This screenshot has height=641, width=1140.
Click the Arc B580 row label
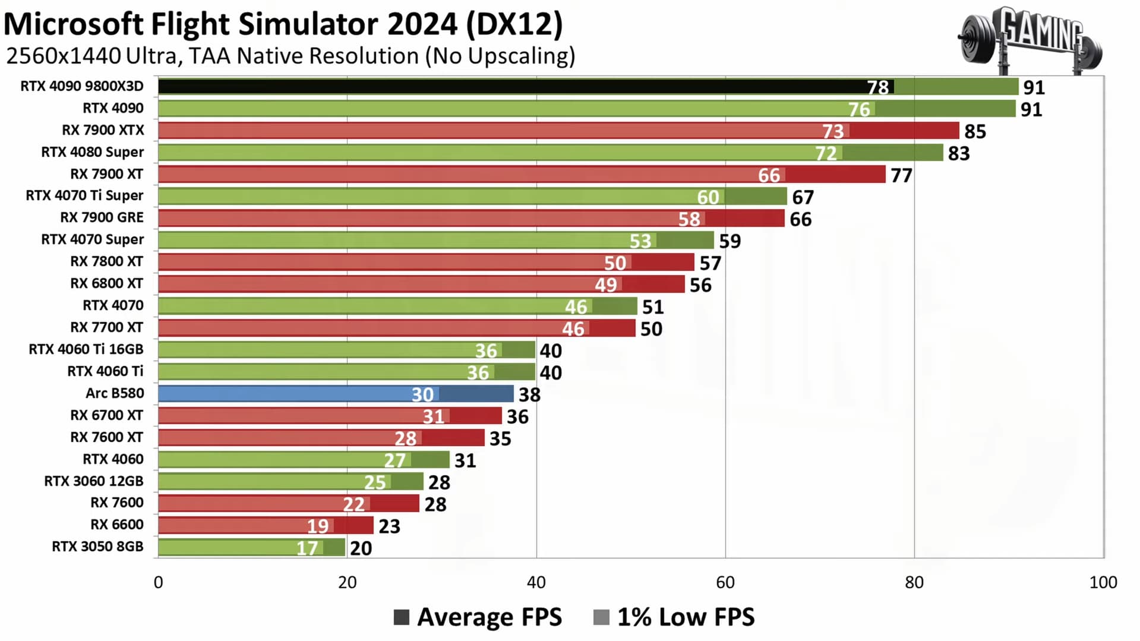pos(115,393)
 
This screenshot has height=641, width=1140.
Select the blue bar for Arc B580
pos(336,394)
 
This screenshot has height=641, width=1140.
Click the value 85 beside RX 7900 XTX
pos(975,131)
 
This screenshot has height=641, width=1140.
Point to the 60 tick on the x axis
pos(725,582)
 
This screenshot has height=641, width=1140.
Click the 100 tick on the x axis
pos(1103,582)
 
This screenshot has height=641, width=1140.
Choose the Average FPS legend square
pos(402,617)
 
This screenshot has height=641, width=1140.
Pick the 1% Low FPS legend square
pos(601,617)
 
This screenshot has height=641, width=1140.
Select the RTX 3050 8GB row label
pos(97,547)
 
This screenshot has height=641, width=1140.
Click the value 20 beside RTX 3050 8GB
pos(361,548)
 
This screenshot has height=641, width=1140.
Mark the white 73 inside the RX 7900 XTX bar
pos(833,131)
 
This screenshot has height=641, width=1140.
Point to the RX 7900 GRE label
pos(102,217)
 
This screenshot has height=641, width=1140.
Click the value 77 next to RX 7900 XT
pos(901,175)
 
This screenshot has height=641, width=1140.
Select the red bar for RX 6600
pos(266,525)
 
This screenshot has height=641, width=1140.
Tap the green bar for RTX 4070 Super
pos(435,240)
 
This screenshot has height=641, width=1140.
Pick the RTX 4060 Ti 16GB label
pos(86,349)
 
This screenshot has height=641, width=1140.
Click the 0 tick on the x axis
pos(158,582)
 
